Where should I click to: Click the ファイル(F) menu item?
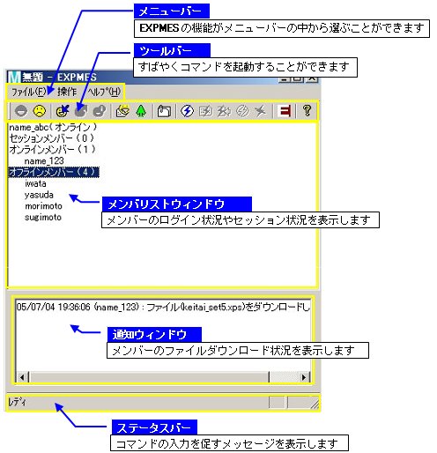[28, 92]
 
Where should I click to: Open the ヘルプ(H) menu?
[104, 92]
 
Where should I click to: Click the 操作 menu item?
[67, 92]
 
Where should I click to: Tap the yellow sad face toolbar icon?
[40, 111]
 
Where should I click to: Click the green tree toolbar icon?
[141, 111]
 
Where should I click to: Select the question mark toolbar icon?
[307, 111]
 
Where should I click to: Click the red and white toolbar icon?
[285, 111]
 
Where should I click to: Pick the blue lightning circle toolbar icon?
[187, 111]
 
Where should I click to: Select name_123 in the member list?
[44, 161]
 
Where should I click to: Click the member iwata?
[35, 183]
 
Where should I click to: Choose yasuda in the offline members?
[39, 195]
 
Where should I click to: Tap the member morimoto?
[43, 206]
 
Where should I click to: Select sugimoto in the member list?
[43, 218]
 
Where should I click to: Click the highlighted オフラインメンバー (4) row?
[54, 172]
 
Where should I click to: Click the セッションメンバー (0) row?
[52, 138]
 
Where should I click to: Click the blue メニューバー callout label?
[172, 11]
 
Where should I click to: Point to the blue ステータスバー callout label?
[154, 427]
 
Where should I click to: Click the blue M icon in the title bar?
[14, 78]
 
